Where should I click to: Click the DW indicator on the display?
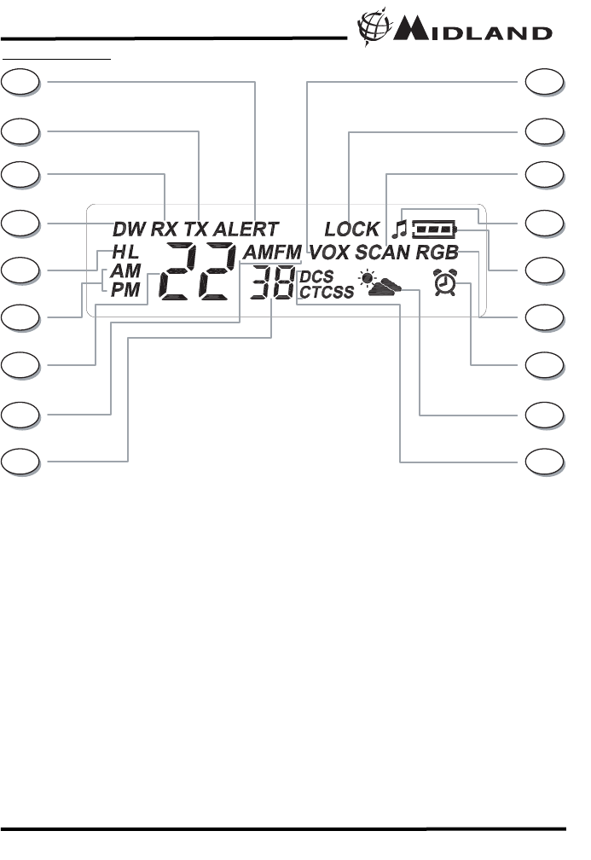pos(130,229)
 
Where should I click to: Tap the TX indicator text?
pos(197,229)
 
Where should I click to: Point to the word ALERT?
pos(246,229)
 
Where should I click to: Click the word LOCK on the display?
pos(351,229)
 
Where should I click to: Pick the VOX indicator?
pos(330,253)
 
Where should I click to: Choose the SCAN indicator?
pos(383,253)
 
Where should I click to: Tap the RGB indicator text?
pos(437,253)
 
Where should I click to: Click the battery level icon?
pos(434,229)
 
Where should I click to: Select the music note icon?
pos(398,228)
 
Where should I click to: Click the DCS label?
pos(316,277)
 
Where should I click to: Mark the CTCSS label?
pos(327,292)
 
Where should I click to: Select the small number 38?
pos(272,282)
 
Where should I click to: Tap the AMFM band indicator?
pos(271,253)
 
